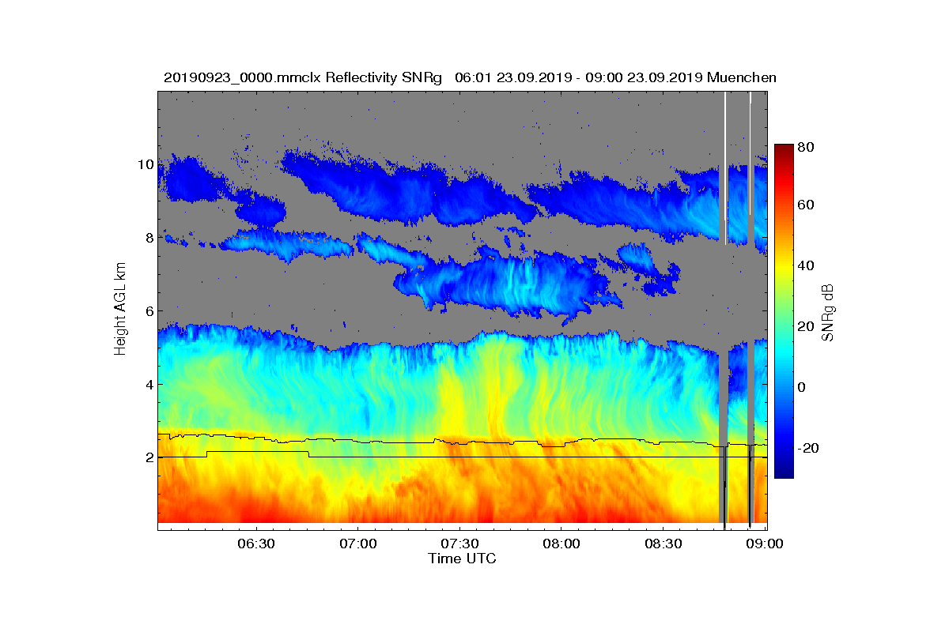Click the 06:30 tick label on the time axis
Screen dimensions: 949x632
(256, 544)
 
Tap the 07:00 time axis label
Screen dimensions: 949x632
(358, 544)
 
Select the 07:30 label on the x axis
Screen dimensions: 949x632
(459, 544)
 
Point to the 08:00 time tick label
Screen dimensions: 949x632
(561, 544)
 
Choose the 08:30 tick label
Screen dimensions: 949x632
(664, 544)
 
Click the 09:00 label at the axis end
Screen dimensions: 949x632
(765, 544)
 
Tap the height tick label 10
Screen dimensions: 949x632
(146, 164)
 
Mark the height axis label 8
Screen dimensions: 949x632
(149, 238)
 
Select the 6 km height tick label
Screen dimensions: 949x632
(149, 311)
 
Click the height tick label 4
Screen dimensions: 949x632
(149, 385)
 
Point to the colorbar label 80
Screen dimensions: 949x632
(806, 147)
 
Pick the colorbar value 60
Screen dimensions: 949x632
(806, 205)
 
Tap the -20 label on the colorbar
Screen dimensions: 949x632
(808, 448)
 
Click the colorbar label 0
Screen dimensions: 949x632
(802, 387)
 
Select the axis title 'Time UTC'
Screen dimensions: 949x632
(462, 559)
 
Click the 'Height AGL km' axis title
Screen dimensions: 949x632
(120, 309)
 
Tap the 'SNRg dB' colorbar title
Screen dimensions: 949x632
(827, 313)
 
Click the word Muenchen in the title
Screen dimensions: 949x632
(742, 78)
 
